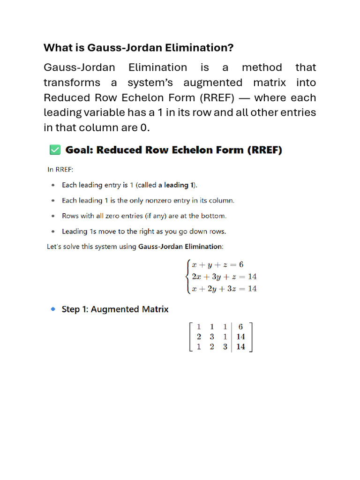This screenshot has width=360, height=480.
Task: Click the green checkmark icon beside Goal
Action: [x=54, y=150]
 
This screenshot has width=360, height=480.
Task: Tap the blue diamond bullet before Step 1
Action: [x=53, y=309]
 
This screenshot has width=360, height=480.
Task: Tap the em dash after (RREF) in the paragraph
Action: [x=256, y=98]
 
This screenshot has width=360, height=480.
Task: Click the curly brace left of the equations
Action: [x=188, y=277]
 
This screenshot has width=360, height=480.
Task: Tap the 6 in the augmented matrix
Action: [x=241, y=327]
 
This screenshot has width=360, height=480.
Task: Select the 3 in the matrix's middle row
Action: [x=212, y=337]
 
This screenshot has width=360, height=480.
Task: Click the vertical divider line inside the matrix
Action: [x=232, y=337]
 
